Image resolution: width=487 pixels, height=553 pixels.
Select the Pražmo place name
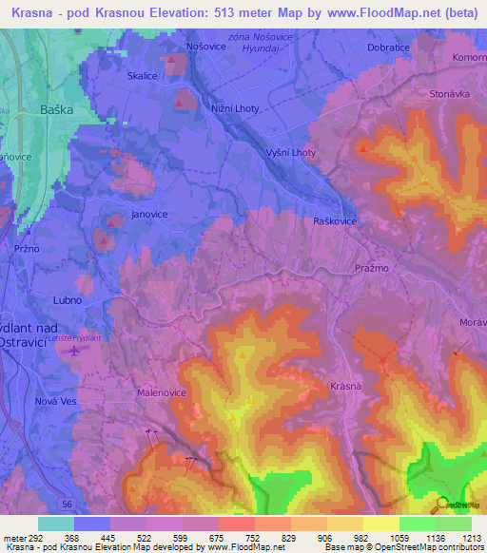(372, 269)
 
